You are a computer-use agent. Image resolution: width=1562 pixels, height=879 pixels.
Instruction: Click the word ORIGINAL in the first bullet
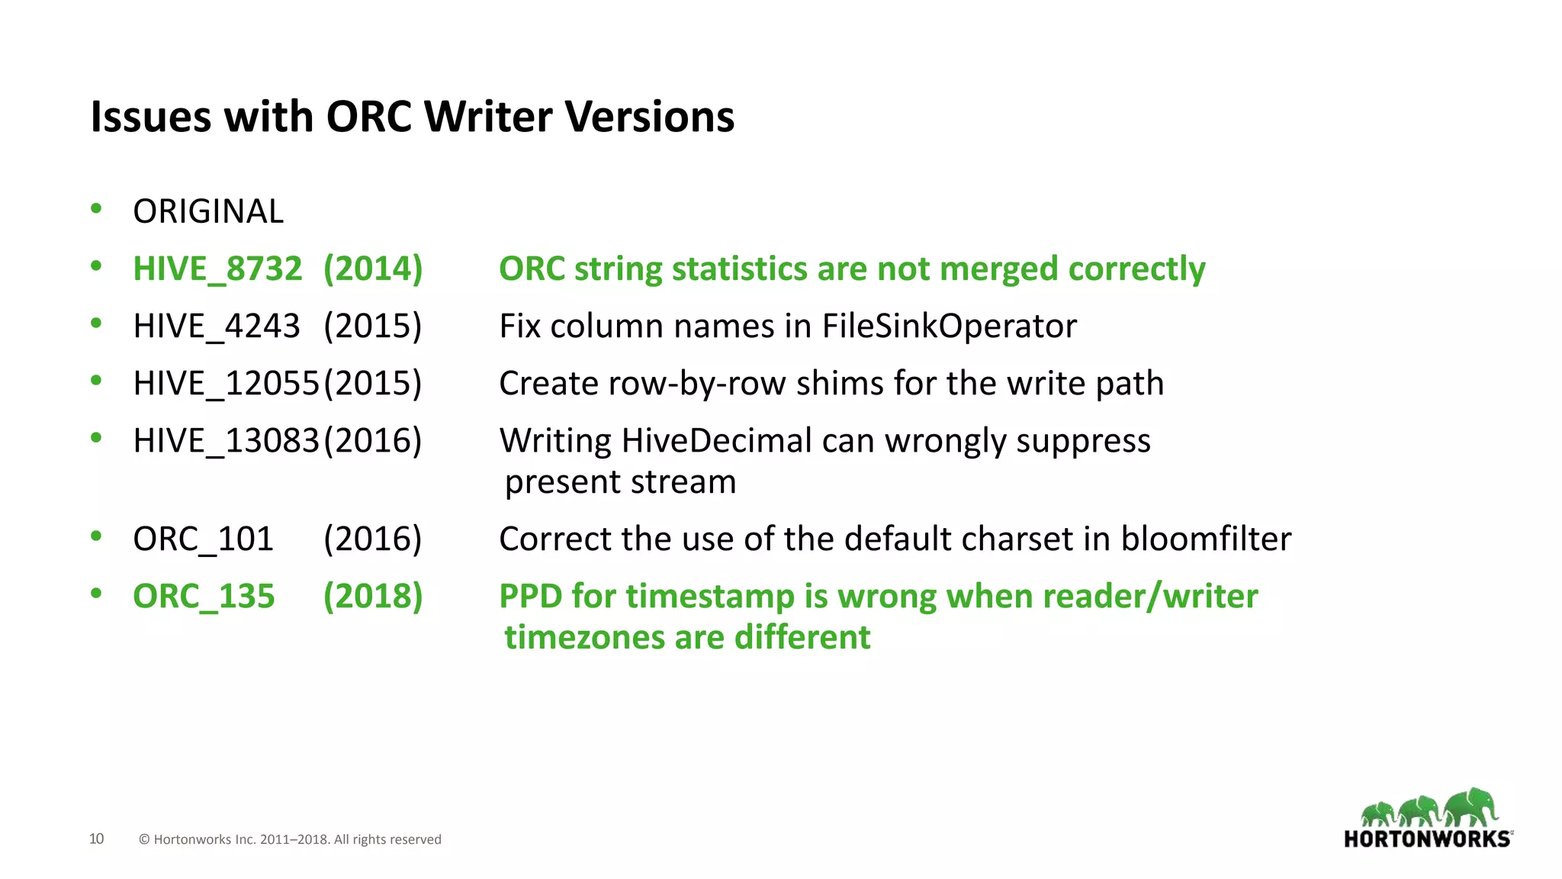pyautogui.click(x=207, y=211)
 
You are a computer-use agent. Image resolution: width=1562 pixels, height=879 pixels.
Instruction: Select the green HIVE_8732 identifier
pyautogui.click(x=217, y=269)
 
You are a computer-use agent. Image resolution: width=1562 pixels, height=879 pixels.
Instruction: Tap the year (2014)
pyautogui.click(x=372, y=269)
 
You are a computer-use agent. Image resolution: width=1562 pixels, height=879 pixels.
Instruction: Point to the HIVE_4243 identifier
pyautogui.click(x=217, y=326)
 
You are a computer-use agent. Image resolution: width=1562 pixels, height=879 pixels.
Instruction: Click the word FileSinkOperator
pyautogui.click(x=949, y=326)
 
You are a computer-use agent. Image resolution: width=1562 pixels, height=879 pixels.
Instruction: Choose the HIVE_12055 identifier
pyautogui.click(x=226, y=383)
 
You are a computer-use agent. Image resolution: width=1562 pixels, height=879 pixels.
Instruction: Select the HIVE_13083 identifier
pyautogui.click(x=226, y=440)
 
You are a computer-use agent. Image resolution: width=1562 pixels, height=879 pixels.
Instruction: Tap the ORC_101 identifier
pyautogui.click(x=203, y=539)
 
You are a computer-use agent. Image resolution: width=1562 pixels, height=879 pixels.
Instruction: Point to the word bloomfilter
pyautogui.click(x=1206, y=539)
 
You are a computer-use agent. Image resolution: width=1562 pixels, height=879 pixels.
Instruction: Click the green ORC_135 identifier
pyautogui.click(x=204, y=596)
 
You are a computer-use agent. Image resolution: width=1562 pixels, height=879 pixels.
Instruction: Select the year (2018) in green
pyautogui.click(x=372, y=596)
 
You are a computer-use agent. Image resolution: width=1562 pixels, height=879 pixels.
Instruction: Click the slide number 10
pyautogui.click(x=96, y=839)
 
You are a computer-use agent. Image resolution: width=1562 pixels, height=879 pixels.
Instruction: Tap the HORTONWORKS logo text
pyautogui.click(x=1427, y=839)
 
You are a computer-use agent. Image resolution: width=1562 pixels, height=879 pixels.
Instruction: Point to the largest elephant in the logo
pyautogui.click(x=1472, y=807)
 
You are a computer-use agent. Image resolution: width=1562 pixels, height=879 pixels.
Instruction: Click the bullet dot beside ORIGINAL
pyautogui.click(x=96, y=208)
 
